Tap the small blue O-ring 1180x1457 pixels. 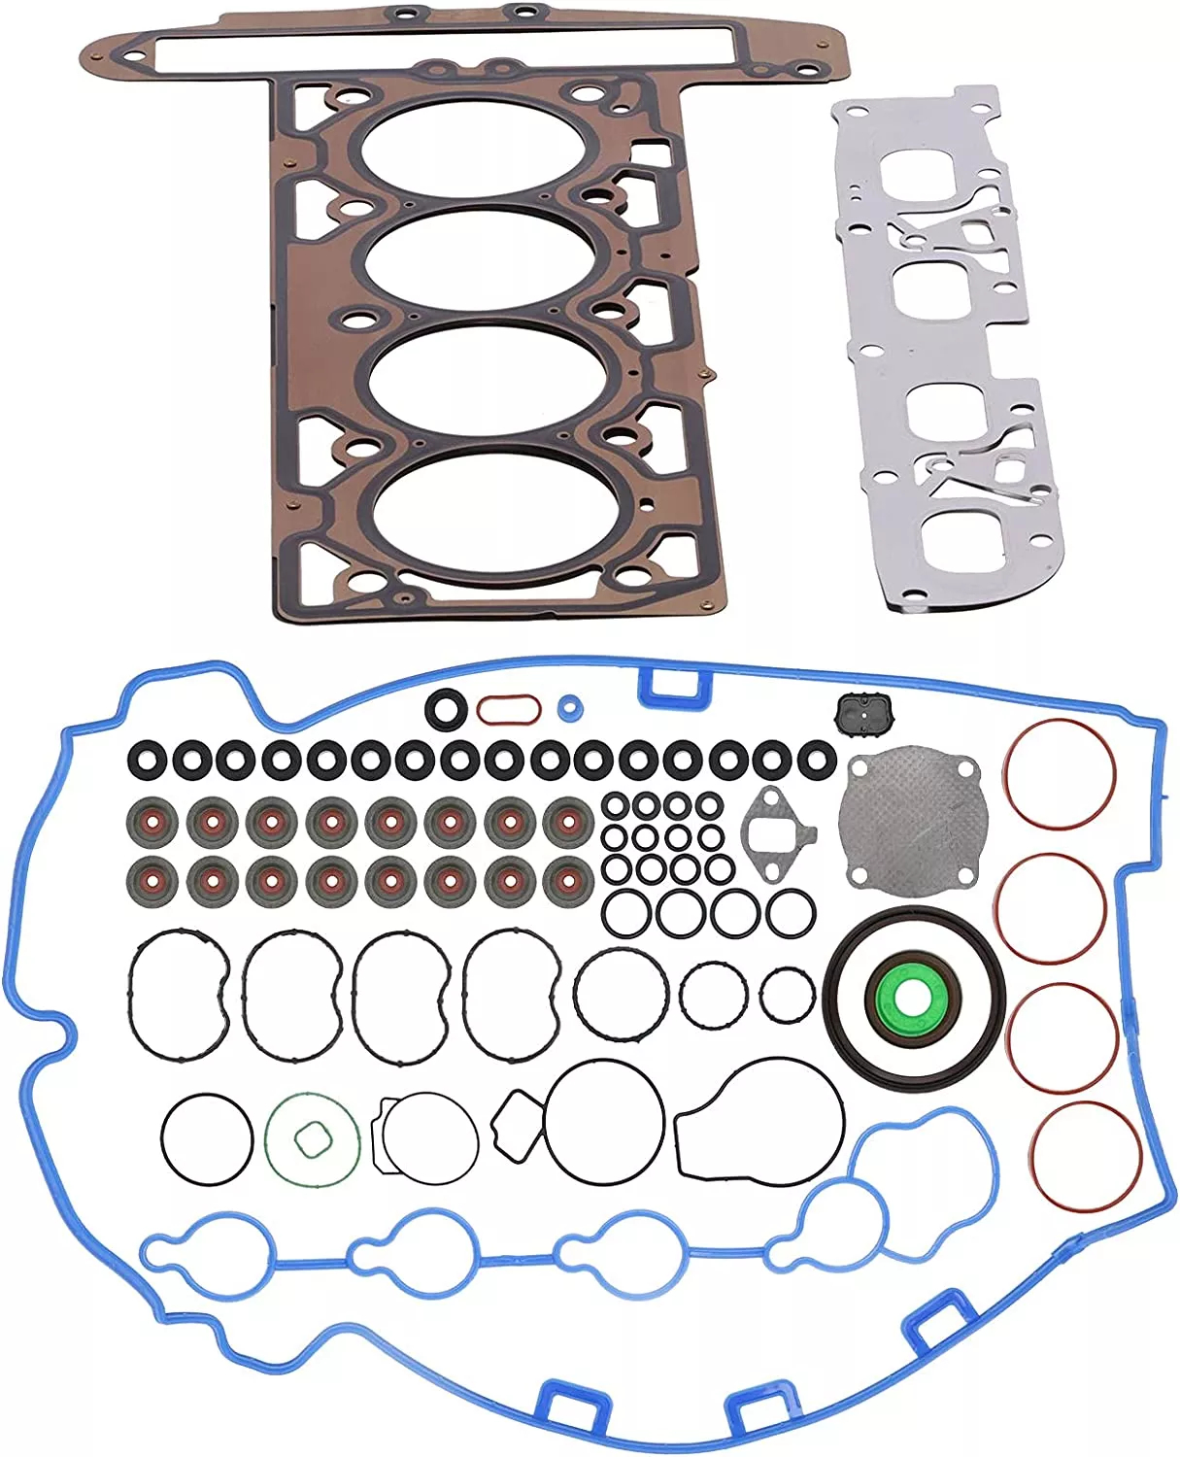[x=571, y=708]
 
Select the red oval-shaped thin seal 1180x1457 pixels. [x=508, y=709]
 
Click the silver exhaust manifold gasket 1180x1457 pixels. [x=948, y=350]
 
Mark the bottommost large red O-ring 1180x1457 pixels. [x=1085, y=1157]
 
